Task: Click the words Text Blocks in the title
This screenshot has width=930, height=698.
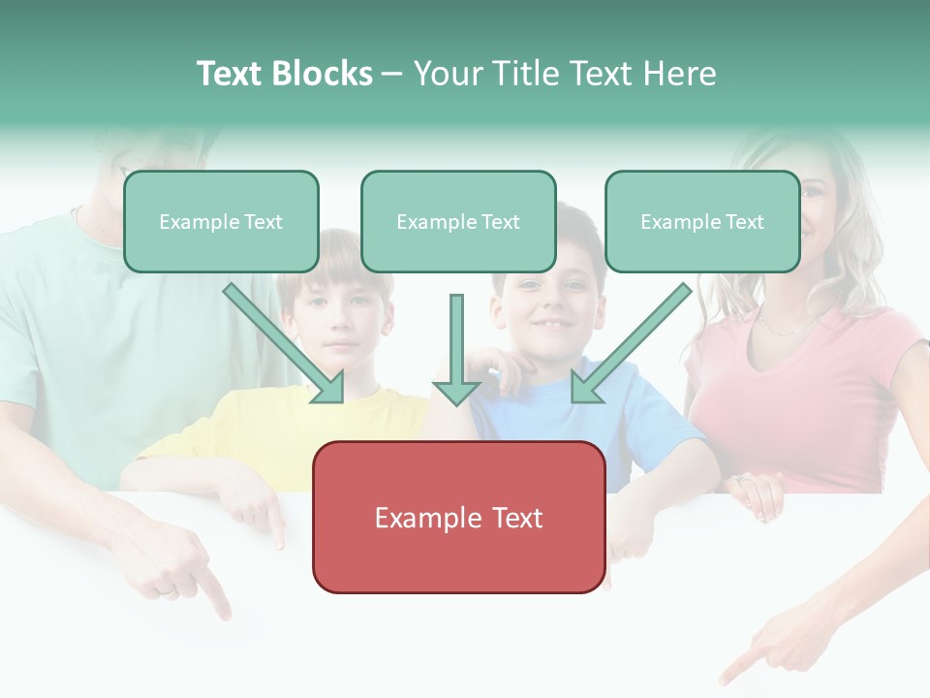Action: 284,74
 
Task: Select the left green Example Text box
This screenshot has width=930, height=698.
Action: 221,222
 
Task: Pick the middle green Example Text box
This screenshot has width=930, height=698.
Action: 458,222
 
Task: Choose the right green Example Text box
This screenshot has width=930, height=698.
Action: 702,222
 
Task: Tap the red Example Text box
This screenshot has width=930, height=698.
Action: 458,518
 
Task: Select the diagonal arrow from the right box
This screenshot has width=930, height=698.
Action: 631,343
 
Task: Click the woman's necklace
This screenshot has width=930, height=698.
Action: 790,325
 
